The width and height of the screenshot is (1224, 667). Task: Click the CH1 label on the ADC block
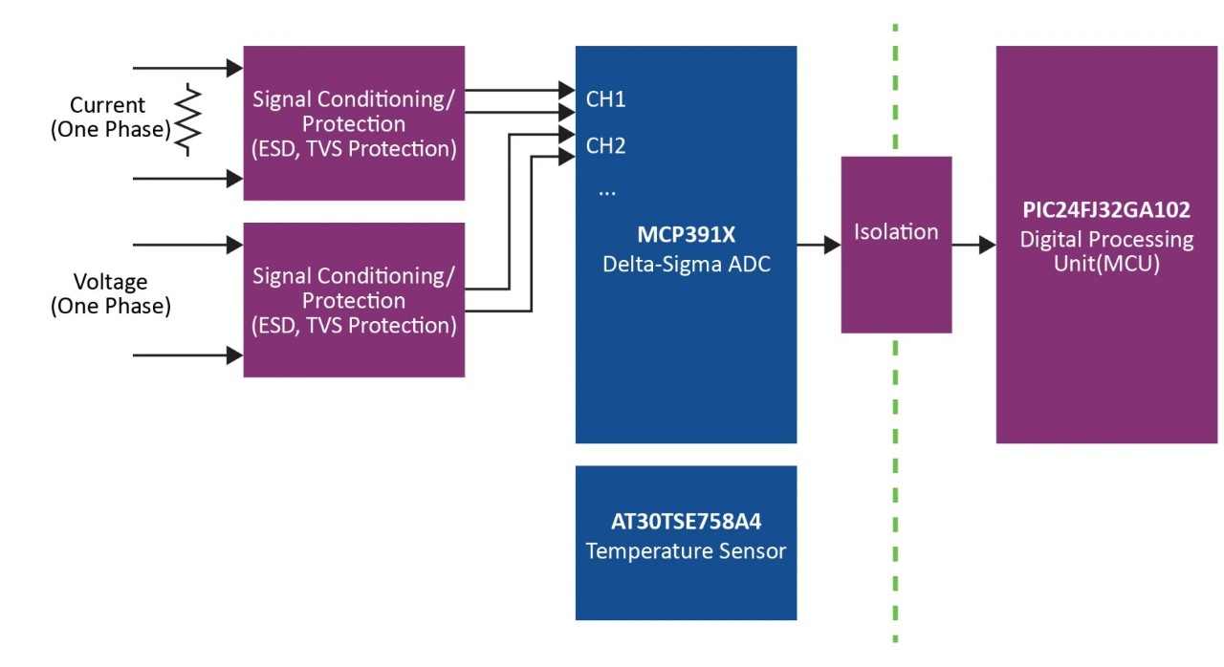pyautogui.click(x=605, y=99)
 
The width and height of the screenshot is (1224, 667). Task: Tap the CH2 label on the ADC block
pyautogui.click(x=605, y=146)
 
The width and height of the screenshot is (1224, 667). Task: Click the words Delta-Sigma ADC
pyautogui.click(x=686, y=265)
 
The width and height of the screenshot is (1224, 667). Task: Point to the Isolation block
pyautogui.click(x=896, y=244)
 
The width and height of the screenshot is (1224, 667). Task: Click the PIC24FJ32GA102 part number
pyautogui.click(x=1105, y=211)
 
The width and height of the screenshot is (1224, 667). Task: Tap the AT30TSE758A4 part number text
pyautogui.click(x=686, y=523)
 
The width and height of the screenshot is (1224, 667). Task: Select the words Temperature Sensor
pyautogui.click(x=686, y=551)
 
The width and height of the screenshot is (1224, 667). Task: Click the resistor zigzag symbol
pyautogui.click(x=188, y=119)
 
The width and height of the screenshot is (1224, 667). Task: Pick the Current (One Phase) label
pyautogui.click(x=109, y=118)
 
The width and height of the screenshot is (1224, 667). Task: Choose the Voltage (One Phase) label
pyautogui.click(x=111, y=294)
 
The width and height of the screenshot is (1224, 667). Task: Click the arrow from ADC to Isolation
pyautogui.click(x=819, y=246)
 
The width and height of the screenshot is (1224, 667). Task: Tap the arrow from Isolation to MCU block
pyautogui.click(x=973, y=246)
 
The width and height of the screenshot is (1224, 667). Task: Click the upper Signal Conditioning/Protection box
pyautogui.click(x=354, y=123)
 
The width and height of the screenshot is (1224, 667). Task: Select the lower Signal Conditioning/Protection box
pyautogui.click(x=354, y=300)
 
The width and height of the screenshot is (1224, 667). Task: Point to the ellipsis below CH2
pyautogui.click(x=607, y=190)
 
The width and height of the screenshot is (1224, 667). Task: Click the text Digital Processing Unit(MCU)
pyautogui.click(x=1106, y=251)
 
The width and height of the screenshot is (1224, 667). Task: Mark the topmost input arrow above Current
pyautogui.click(x=187, y=68)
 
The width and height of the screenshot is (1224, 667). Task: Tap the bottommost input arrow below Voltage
pyautogui.click(x=187, y=355)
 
